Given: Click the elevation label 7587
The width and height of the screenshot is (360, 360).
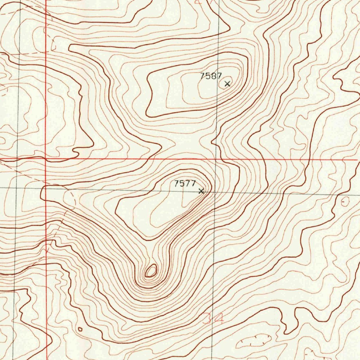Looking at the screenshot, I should point(211,76).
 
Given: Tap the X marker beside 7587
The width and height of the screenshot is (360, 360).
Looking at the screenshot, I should point(227,84).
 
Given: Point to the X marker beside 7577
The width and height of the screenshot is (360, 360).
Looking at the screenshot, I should point(201,191).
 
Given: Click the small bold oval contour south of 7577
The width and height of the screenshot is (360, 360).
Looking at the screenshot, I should point(151,271).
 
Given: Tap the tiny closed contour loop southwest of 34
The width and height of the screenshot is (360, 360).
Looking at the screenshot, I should point(80,329).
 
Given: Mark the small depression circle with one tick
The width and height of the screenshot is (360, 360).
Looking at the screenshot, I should point(345,201).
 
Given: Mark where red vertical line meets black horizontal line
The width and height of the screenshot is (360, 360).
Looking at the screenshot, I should point(46,188).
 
